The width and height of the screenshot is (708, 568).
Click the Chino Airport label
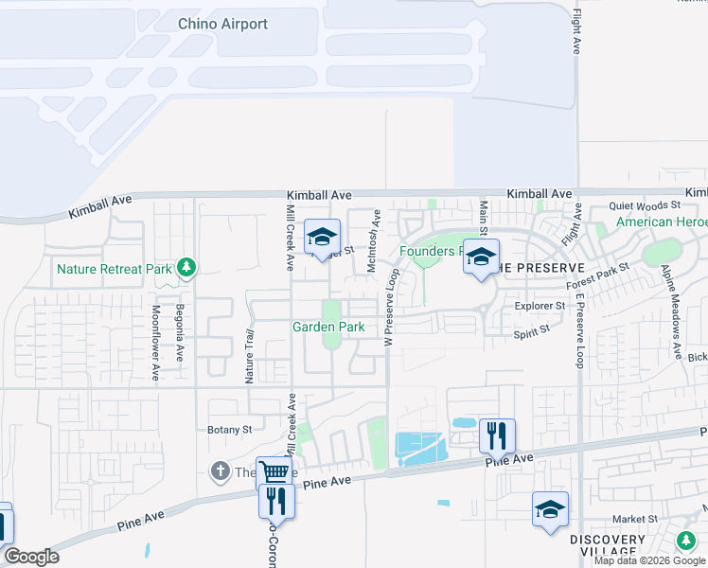222,24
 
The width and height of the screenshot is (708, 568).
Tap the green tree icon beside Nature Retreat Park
187,268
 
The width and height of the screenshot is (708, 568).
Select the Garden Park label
328,327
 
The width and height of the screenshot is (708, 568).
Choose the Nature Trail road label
250,355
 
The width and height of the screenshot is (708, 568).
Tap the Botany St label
230,429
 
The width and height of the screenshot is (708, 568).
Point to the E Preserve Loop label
580,327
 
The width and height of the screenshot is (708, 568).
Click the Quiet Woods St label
645,204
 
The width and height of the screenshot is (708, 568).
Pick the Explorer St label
540,306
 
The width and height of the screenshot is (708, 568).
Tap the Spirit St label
531,330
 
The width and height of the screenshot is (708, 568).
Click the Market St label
634,519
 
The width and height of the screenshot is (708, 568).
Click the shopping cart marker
274,472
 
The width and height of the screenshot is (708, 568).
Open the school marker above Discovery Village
550,509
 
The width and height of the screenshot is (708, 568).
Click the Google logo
31,557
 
